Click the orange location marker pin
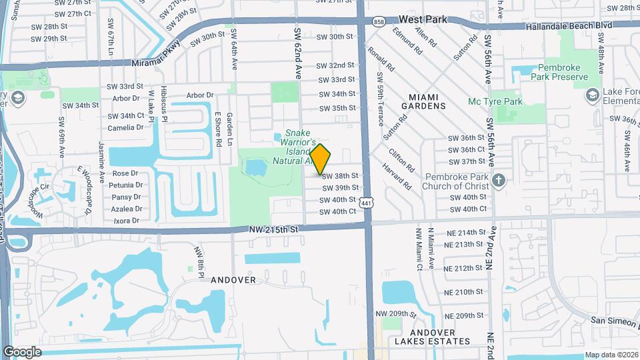coord(321,159)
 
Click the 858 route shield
coord(379,22)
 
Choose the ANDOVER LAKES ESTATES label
coord(431,337)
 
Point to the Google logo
coord(22,351)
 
